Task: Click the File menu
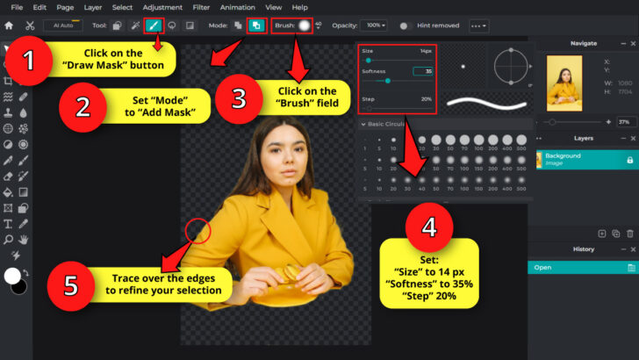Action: [x=17, y=7]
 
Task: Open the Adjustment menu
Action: [x=162, y=7]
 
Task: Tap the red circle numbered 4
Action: [x=429, y=228]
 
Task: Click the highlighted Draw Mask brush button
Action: [x=154, y=25]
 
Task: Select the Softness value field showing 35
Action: [x=423, y=71]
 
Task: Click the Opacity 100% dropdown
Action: [x=374, y=25]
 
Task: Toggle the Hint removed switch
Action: [x=406, y=25]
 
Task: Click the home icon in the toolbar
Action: [x=9, y=25]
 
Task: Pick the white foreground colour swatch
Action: [x=12, y=276]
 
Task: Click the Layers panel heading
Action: [x=583, y=138]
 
